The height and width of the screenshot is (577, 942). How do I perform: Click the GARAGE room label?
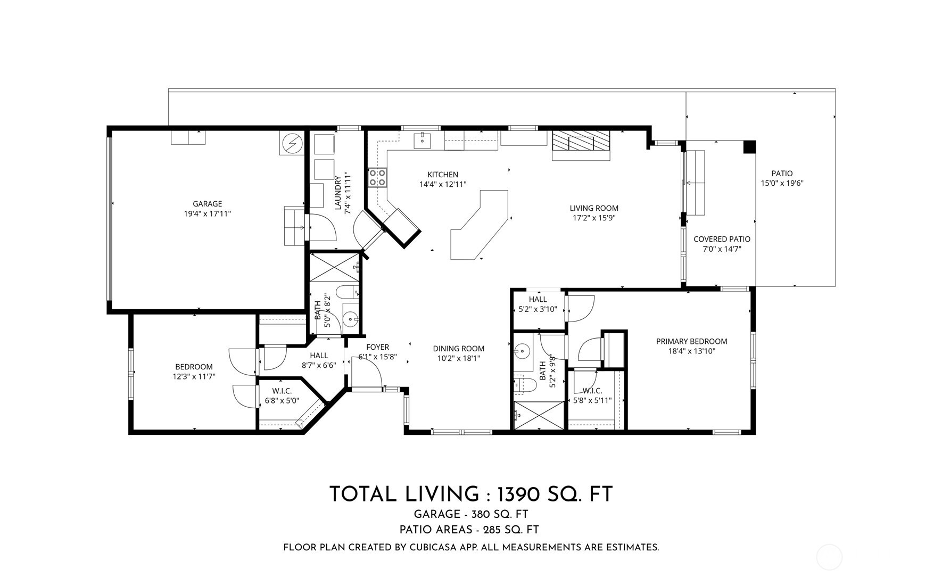pos(207,204)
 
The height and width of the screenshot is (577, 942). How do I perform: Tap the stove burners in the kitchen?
pos(377,177)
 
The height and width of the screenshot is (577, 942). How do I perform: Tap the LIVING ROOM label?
pos(594,208)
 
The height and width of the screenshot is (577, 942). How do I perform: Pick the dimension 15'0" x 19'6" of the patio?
pos(782,183)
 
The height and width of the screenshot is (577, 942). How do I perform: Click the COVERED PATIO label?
pos(722,239)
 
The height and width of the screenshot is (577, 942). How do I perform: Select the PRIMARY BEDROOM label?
pos(691,341)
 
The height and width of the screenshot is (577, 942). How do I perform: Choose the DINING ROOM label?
pos(458,349)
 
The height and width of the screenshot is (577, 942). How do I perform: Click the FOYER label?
pos(377,347)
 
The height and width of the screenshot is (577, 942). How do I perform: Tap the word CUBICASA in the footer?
pos(436,547)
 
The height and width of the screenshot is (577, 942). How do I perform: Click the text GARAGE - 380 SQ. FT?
pos(470,514)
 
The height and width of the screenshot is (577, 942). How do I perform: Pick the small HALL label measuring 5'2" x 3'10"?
pos(538,299)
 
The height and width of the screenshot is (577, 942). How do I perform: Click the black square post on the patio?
pos(749,147)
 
